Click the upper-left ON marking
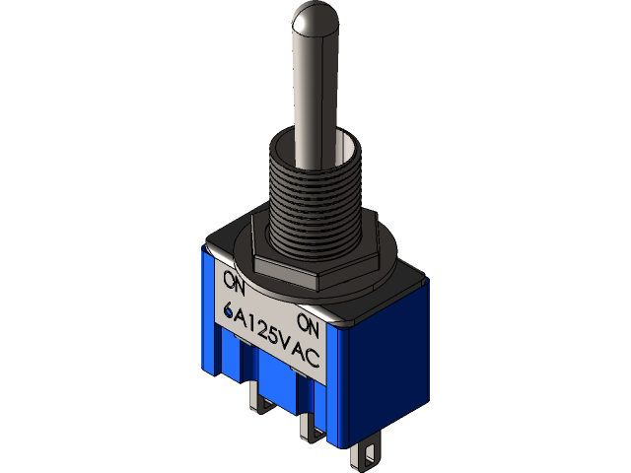(234, 280)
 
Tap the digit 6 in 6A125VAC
(231, 311)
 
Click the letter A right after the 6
(245, 318)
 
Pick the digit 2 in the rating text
(267, 332)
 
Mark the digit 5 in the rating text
(279, 339)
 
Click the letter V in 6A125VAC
(291, 346)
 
